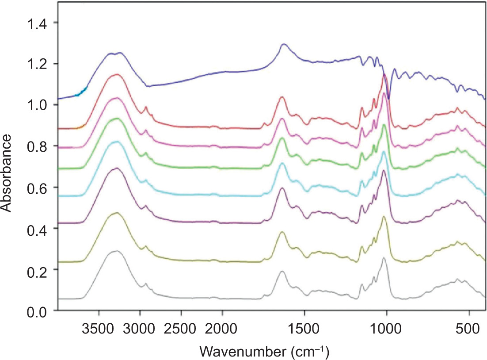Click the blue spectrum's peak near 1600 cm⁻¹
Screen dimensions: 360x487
click(284, 44)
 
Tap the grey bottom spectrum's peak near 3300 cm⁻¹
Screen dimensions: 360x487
click(117, 251)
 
